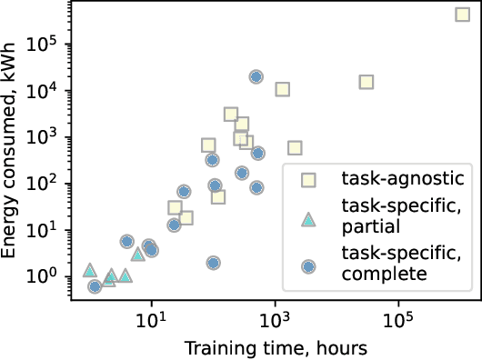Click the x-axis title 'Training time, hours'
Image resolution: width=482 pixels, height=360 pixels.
(275, 348)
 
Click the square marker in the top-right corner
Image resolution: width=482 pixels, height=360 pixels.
(462, 14)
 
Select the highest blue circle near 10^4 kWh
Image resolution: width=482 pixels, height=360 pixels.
(256, 77)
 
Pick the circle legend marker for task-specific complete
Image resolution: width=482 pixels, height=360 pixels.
(308, 265)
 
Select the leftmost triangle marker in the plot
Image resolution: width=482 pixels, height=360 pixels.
(89, 270)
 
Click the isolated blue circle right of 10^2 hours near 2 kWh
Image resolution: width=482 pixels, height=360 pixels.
(213, 263)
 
